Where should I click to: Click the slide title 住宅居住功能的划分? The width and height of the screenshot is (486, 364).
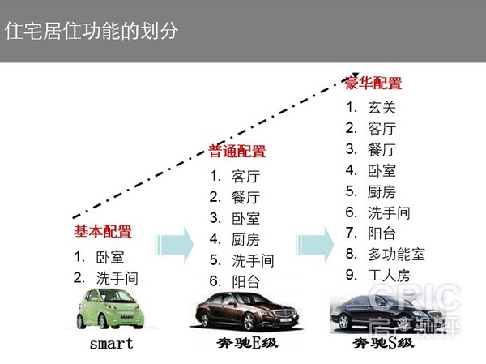91,31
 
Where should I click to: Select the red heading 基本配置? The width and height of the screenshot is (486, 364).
103,231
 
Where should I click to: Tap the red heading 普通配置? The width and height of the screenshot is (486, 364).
237,151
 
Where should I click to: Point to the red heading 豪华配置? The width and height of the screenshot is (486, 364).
373,83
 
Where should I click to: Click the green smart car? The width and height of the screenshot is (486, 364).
110,308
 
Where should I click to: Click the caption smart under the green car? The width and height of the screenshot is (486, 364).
111,344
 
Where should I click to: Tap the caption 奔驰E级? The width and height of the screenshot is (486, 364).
247,343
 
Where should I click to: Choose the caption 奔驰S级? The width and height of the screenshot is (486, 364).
383,343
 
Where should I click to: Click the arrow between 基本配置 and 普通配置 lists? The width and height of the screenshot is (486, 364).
174,245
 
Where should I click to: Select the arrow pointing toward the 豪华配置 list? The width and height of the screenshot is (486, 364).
314,245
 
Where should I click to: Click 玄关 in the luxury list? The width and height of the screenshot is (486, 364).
382,108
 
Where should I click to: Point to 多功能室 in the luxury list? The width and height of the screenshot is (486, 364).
396,254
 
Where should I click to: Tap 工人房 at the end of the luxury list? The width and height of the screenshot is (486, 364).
389,276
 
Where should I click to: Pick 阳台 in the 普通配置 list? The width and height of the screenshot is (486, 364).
245,282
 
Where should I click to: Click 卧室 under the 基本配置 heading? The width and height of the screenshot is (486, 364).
110,257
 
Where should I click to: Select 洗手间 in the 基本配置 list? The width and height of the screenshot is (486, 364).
117,278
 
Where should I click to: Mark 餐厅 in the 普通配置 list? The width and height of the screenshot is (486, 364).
245,198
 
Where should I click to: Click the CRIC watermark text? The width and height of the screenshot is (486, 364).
415,298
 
